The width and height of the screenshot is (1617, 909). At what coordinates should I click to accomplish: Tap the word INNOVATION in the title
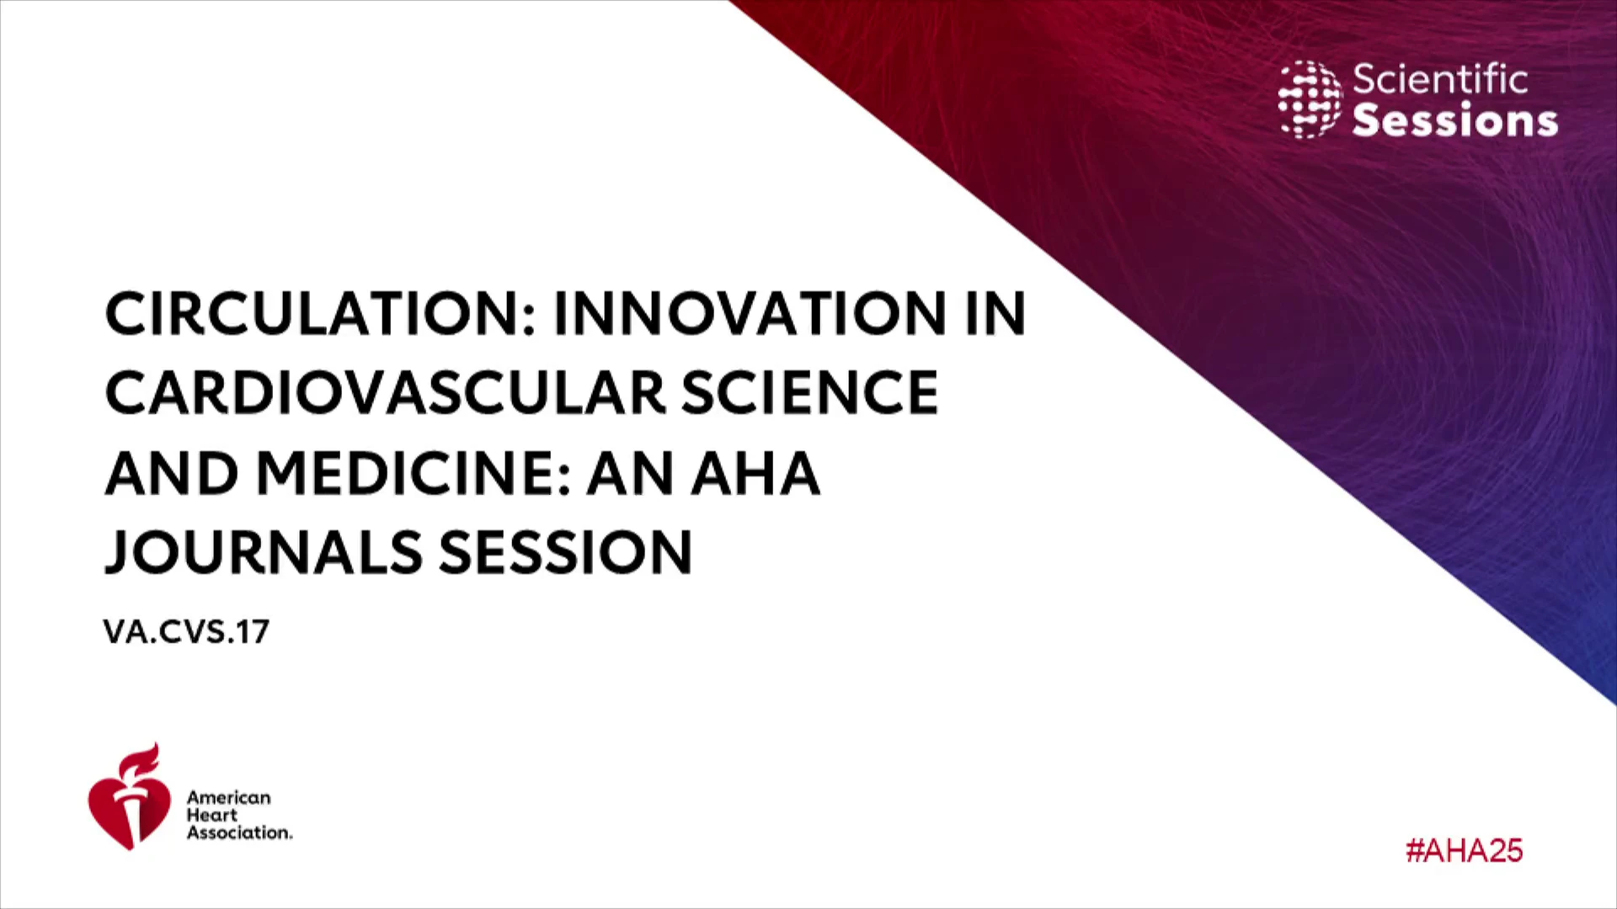click(750, 313)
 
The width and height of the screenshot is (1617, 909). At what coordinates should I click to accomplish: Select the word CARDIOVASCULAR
click(385, 393)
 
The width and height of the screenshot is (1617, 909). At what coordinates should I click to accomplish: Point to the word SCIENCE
click(809, 393)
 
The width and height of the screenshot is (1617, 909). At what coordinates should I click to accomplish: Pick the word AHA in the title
click(755, 473)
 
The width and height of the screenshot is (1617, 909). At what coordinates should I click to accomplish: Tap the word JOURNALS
click(264, 553)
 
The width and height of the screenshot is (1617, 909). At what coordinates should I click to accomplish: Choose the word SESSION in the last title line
click(565, 553)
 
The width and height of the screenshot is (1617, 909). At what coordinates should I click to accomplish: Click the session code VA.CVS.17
click(186, 632)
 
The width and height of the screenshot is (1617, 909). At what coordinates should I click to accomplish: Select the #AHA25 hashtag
click(1464, 851)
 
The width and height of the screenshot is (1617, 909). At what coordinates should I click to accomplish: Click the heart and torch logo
click(129, 796)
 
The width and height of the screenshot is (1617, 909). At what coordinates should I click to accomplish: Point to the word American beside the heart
click(229, 797)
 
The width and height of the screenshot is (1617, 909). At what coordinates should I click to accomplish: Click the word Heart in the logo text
click(212, 815)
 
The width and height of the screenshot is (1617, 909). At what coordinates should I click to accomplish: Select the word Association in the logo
click(239, 832)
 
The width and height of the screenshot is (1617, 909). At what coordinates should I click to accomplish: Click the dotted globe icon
click(1310, 99)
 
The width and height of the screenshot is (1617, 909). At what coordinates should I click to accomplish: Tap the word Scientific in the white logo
click(1440, 80)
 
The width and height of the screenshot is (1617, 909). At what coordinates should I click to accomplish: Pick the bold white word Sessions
click(1455, 120)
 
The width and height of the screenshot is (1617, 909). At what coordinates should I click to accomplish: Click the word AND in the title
click(173, 473)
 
